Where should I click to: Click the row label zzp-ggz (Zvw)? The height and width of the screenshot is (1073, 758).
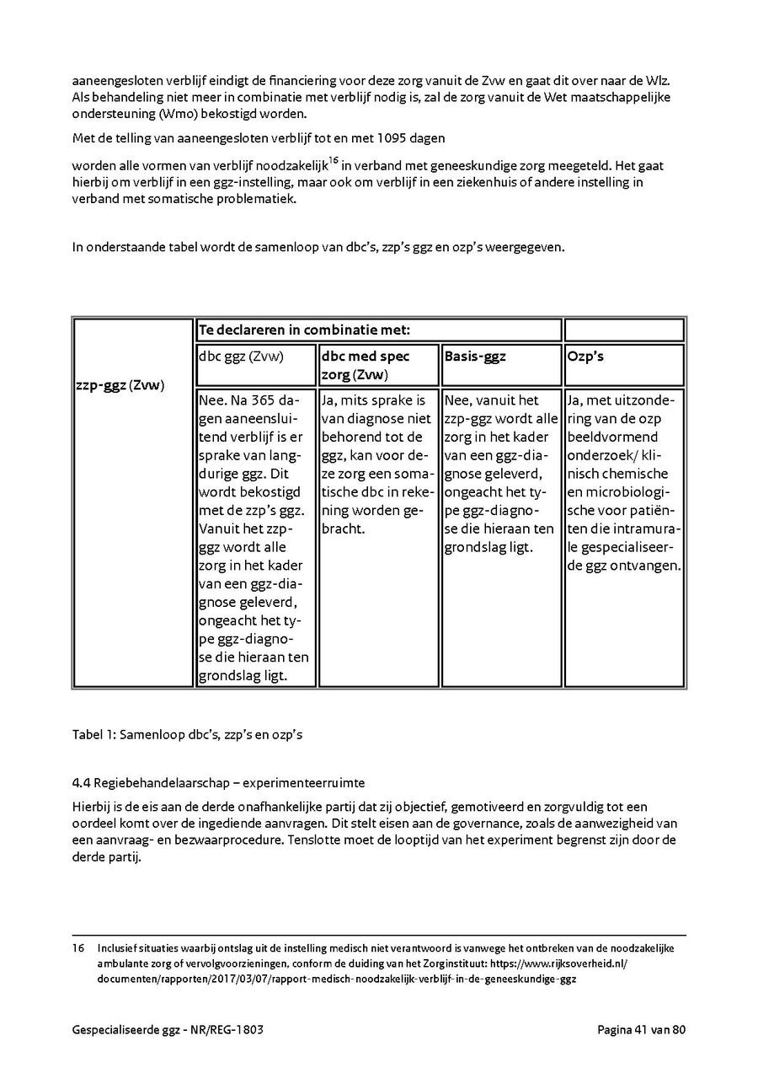tap(118, 385)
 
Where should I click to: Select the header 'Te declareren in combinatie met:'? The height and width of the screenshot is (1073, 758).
tap(304, 330)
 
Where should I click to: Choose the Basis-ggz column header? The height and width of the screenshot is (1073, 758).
tap(475, 357)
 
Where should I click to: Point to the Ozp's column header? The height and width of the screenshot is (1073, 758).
tap(586, 357)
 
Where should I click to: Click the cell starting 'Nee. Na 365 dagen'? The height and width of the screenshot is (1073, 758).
tap(254, 537)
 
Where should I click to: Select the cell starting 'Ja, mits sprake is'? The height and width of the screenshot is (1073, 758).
tap(378, 464)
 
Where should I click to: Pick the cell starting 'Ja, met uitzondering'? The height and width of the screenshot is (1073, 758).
tap(624, 482)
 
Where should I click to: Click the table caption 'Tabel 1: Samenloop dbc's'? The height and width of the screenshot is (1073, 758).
tap(187, 734)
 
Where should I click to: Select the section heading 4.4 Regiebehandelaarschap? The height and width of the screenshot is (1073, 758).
tap(218, 783)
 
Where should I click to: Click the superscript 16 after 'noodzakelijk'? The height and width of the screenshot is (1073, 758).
tap(334, 160)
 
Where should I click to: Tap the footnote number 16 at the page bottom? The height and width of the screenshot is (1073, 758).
tap(77, 948)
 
